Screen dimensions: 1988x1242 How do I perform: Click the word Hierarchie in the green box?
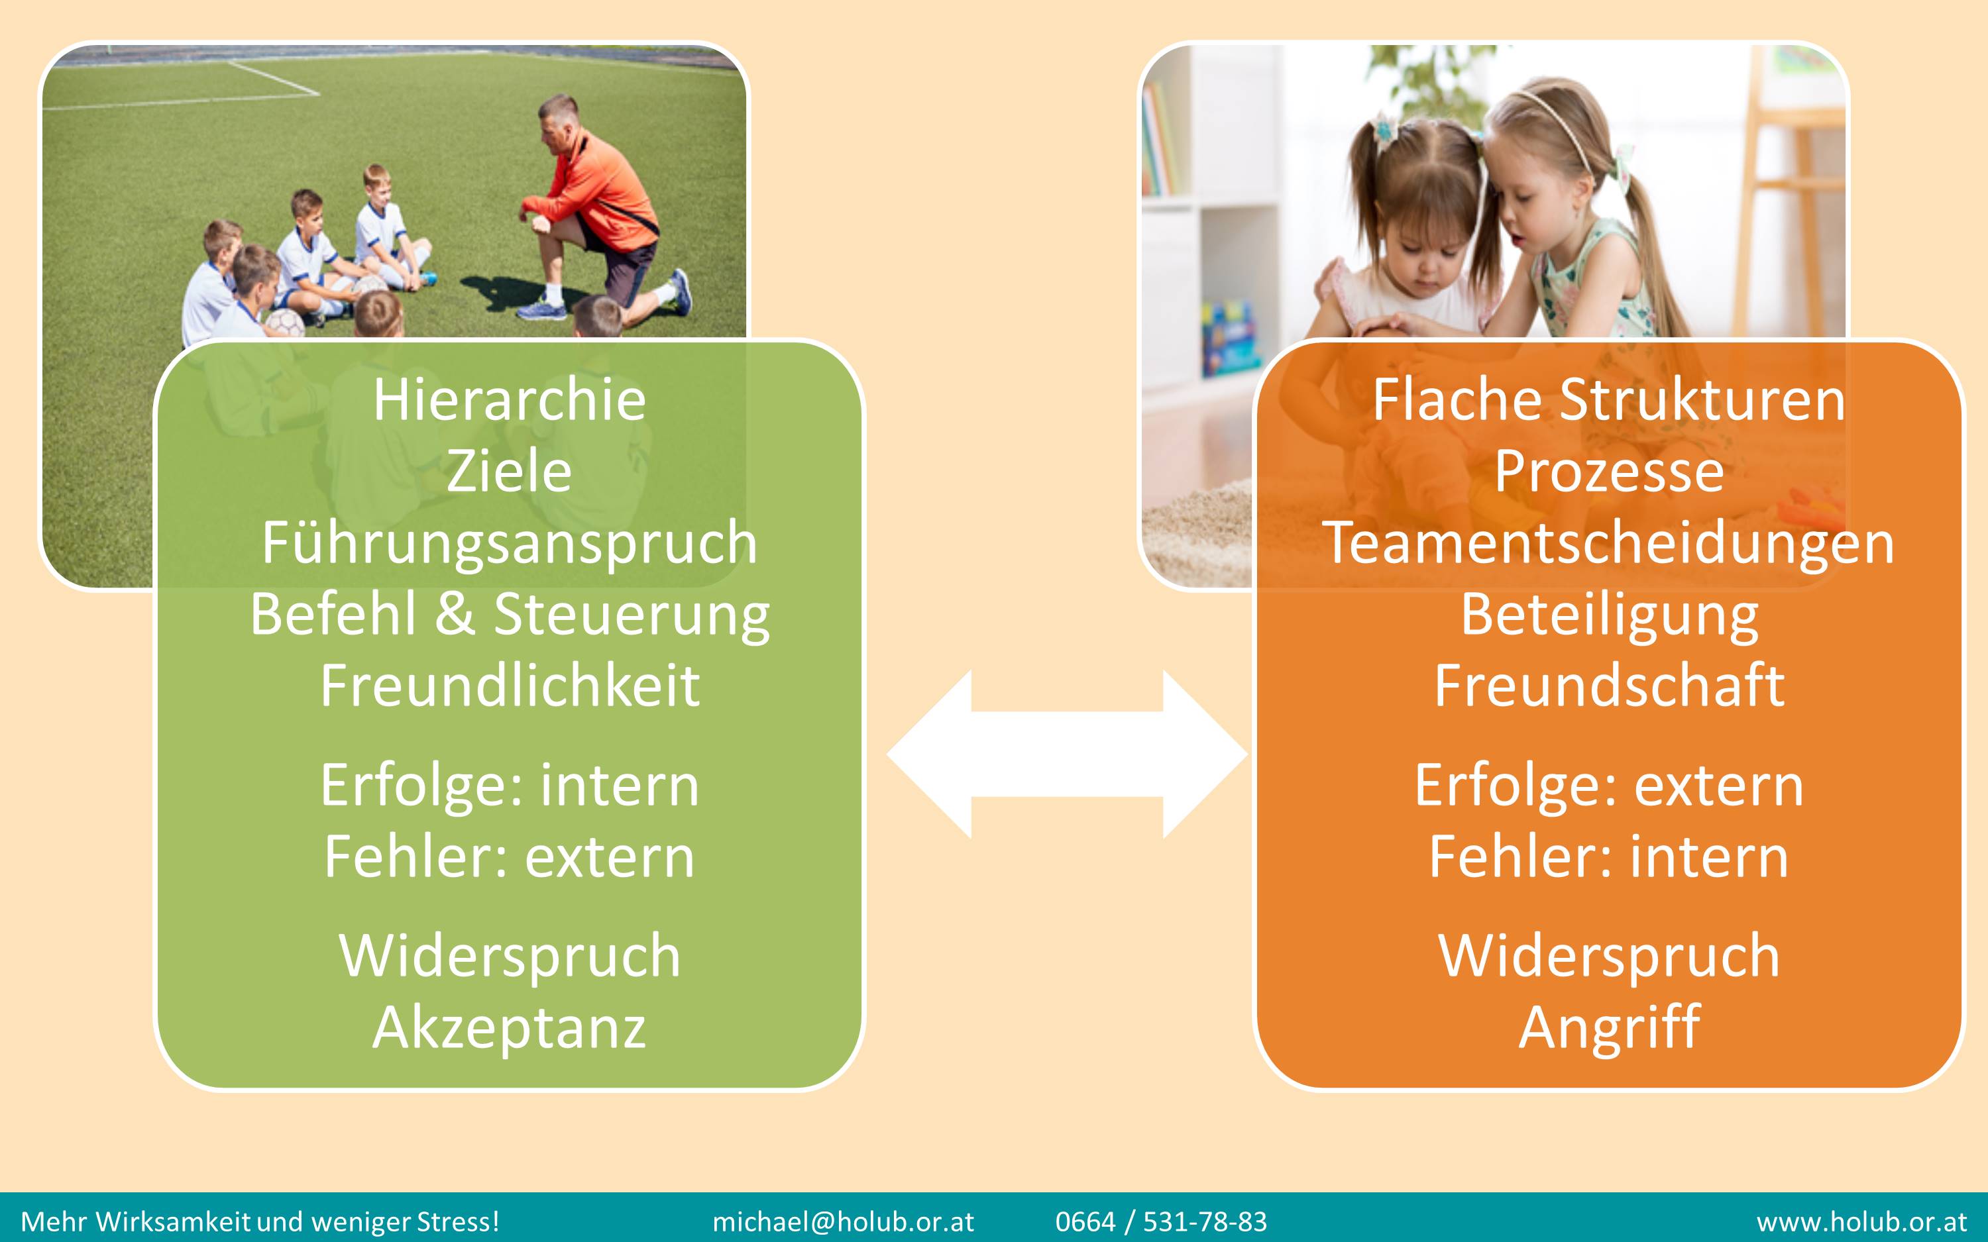click(510, 400)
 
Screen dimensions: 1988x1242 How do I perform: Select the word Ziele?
click(510, 472)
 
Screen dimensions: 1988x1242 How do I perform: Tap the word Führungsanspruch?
click(510, 544)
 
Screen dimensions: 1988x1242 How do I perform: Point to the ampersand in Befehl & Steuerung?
click(455, 615)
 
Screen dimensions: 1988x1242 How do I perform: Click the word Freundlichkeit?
click(510, 686)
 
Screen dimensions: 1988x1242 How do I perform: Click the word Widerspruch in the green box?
click(510, 957)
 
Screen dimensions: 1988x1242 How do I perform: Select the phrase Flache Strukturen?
click(1608, 400)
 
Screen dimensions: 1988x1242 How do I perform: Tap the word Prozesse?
click(1608, 472)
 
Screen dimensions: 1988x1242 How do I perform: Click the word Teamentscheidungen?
click(1608, 544)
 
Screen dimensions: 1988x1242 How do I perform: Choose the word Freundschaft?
click(1608, 686)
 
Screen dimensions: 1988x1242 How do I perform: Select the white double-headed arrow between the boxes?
click(1067, 754)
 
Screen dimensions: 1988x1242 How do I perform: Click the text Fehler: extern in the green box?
click(510, 856)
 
